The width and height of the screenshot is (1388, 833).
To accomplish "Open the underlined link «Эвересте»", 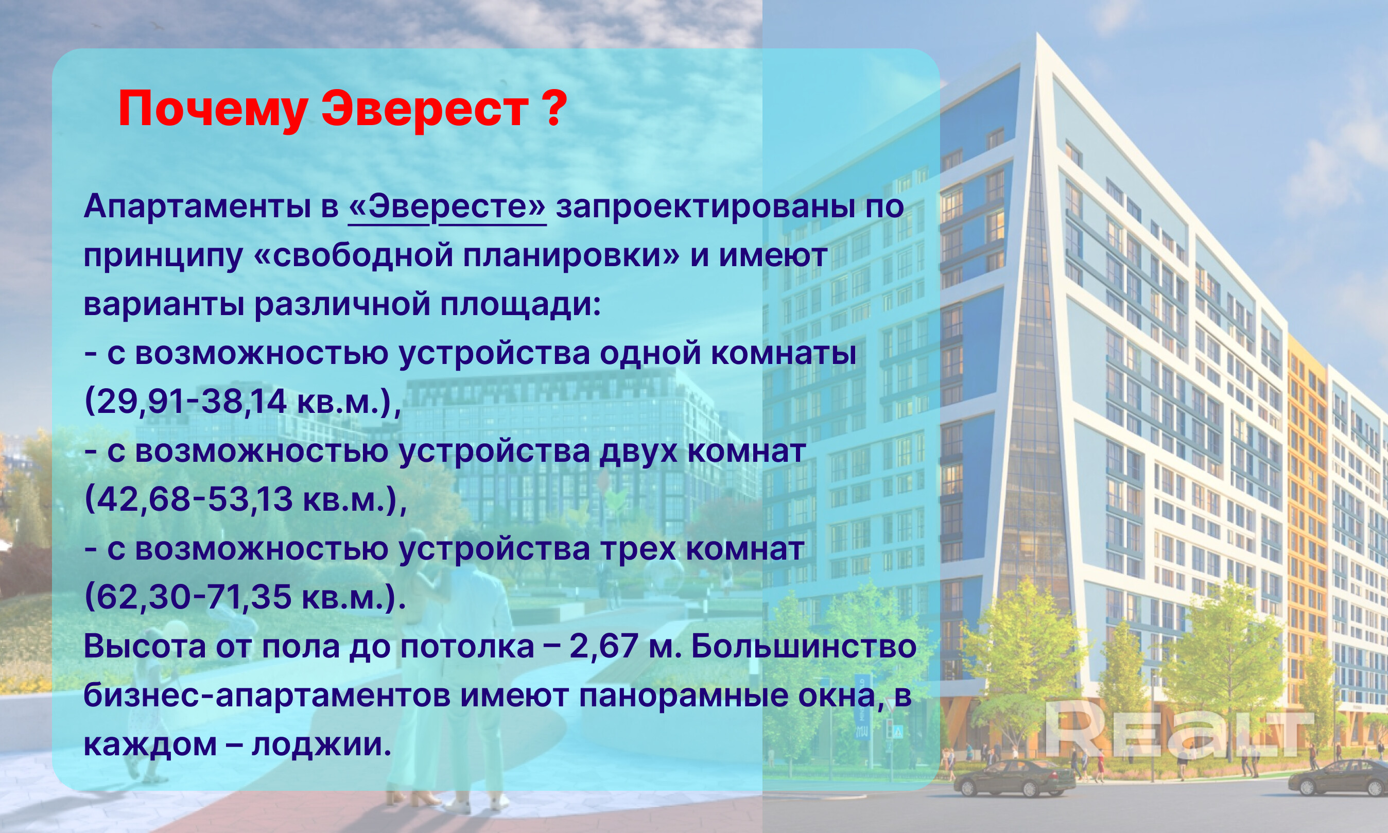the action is pos(447,207).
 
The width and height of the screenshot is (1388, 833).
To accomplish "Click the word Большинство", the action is pos(803,647).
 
